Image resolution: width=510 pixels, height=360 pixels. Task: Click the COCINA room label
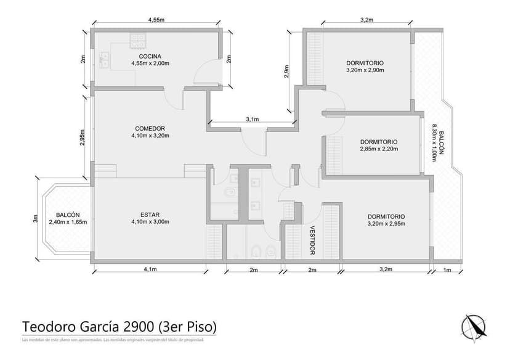[150, 56]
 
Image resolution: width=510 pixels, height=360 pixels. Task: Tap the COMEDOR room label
[150, 129]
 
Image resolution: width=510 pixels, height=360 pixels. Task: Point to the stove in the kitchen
[138, 41]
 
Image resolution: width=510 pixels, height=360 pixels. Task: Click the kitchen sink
[103, 59]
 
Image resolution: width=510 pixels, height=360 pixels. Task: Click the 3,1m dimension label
[252, 119]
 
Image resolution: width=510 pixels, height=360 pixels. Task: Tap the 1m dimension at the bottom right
[447, 270]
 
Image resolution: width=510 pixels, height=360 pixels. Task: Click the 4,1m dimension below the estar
[150, 269]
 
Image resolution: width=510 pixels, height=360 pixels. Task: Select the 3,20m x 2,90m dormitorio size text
[365, 70]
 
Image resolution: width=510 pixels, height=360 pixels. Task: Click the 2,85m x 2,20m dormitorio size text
[379, 149]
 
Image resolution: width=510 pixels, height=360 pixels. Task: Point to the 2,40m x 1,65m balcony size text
[68, 222]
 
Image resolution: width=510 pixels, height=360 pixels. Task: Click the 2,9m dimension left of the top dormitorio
[287, 72]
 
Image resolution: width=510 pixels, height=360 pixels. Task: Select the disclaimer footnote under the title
[112, 340]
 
